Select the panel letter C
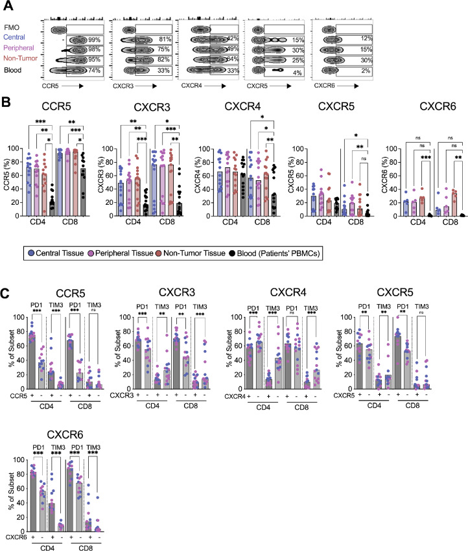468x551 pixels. [x=7, y=268]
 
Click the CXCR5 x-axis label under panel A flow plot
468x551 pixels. [x=258, y=85]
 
